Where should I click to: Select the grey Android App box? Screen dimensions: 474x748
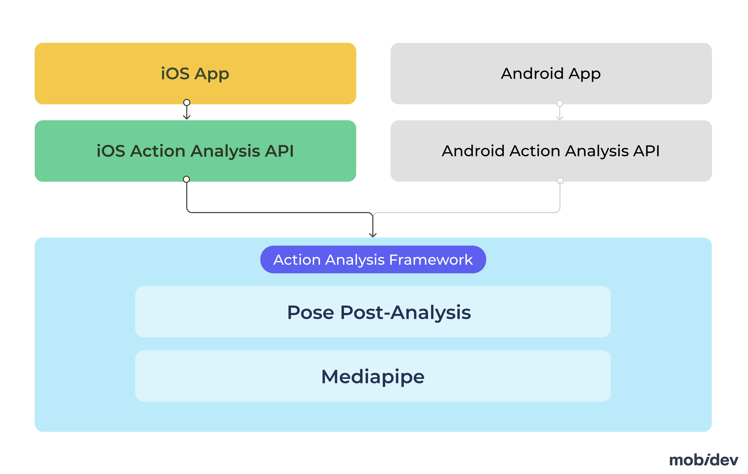click(x=551, y=74)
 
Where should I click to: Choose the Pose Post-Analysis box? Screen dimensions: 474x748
click(x=373, y=312)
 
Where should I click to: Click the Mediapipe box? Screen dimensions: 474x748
click(x=373, y=376)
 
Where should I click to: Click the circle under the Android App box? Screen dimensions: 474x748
click(x=560, y=103)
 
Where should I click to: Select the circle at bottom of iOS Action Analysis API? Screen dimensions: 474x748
click(x=186, y=179)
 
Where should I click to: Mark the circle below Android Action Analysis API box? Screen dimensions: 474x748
click(x=560, y=181)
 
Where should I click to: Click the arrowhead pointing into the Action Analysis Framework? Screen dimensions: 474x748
click(x=373, y=235)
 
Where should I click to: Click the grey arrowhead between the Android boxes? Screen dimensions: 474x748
click(x=560, y=118)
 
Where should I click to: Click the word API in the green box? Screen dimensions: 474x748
click(x=279, y=151)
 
